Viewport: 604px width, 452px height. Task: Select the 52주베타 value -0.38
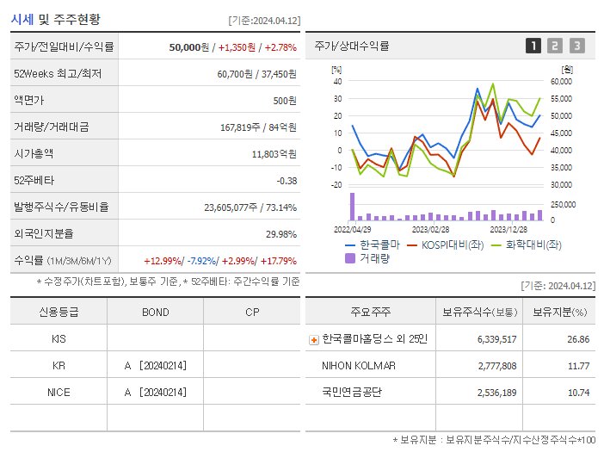pyautogui.click(x=287, y=180)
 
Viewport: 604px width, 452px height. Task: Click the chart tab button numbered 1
pyautogui.click(x=533, y=46)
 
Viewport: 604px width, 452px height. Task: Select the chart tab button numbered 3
pyautogui.click(x=576, y=46)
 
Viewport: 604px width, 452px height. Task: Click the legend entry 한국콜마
pyautogui.click(x=373, y=245)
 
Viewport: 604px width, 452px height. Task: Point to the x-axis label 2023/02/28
pyautogui.click(x=430, y=229)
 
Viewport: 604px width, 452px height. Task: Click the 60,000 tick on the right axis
pyautogui.click(x=561, y=82)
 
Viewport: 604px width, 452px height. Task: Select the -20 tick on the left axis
pyautogui.click(x=337, y=184)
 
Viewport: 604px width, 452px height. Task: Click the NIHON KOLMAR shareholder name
pyautogui.click(x=358, y=365)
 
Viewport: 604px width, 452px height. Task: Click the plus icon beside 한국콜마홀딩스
pyautogui.click(x=313, y=339)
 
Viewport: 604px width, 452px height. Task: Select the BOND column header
pyautogui.click(x=155, y=312)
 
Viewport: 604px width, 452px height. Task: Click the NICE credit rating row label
pyautogui.click(x=59, y=392)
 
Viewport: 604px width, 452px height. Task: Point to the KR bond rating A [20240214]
pyautogui.click(x=155, y=365)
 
